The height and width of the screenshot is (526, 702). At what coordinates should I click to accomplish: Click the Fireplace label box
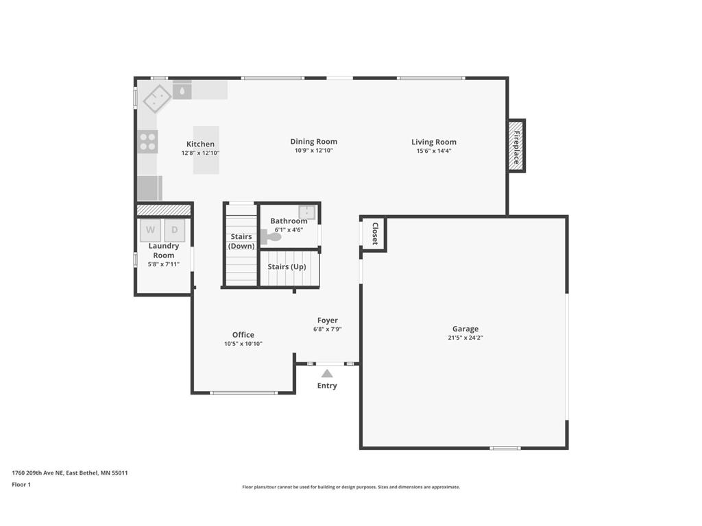click(x=516, y=145)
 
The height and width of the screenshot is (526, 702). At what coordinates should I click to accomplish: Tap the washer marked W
click(x=150, y=229)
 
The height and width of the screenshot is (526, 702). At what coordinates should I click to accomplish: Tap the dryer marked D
click(x=175, y=229)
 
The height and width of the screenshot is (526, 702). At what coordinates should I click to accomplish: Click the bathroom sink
click(x=306, y=211)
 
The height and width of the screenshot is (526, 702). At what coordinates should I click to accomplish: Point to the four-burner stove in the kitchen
click(x=148, y=142)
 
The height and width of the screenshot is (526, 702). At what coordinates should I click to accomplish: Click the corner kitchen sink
click(x=157, y=99)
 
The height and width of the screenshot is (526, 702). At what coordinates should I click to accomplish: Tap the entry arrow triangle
click(x=327, y=373)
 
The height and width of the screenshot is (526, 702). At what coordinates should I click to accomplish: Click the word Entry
click(x=327, y=386)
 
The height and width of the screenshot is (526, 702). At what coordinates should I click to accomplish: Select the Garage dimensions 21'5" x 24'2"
click(x=465, y=338)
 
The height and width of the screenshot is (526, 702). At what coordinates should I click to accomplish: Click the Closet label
click(x=375, y=234)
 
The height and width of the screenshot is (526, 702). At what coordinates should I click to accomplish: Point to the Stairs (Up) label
click(x=287, y=266)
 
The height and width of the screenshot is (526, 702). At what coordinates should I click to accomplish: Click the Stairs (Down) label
click(x=241, y=241)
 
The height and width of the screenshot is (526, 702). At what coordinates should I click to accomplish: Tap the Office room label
click(x=243, y=335)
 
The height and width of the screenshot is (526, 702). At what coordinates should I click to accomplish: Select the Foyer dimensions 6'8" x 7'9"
click(x=327, y=329)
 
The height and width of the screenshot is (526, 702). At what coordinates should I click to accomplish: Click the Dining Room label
click(x=313, y=142)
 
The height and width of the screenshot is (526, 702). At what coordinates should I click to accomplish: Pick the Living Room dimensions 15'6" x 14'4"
click(x=433, y=151)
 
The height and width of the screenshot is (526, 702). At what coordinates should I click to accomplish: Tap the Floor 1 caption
click(x=21, y=484)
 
